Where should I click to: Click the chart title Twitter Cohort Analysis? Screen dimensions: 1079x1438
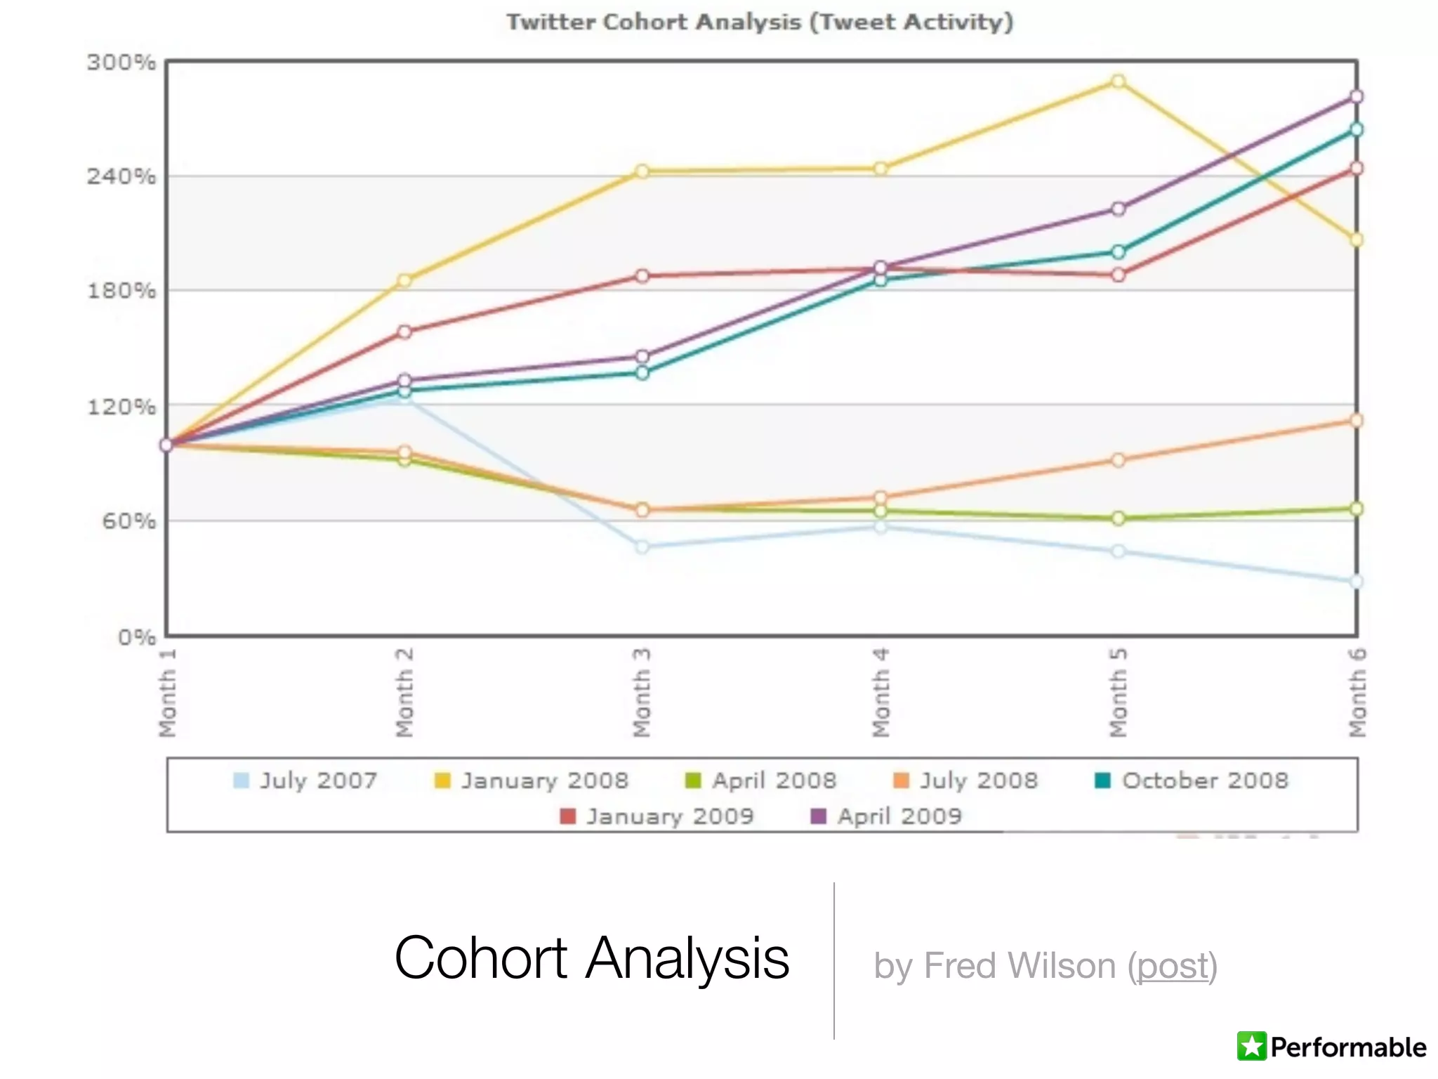(760, 22)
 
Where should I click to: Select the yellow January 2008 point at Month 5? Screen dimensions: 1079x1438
(1119, 81)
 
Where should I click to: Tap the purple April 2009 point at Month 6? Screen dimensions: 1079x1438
(1357, 96)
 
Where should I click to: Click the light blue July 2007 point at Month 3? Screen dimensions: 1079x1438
(642, 547)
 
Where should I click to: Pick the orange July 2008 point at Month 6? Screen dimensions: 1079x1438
(1357, 420)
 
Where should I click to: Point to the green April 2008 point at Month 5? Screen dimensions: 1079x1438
(1119, 518)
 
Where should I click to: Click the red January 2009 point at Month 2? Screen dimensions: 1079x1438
(404, 332)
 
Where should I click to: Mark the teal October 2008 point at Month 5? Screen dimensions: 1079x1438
(1119, 252)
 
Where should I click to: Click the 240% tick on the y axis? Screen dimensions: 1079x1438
(121, 176)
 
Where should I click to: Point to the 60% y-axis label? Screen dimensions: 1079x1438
(128, 521)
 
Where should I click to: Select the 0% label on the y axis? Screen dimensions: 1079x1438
(136, 637)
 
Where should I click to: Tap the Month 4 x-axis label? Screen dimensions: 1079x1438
(880, 693)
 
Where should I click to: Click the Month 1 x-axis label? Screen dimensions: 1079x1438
(167, 693)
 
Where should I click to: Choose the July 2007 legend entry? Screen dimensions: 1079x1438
(306, 780)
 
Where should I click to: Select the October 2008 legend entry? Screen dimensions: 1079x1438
(1192, 780)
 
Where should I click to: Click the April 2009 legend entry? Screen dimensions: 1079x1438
(887, 816)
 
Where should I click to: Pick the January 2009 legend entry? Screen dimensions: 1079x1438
(658, 816)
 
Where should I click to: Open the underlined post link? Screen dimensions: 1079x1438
(1173, 966)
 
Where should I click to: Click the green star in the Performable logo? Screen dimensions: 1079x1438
(1252, 1047)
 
